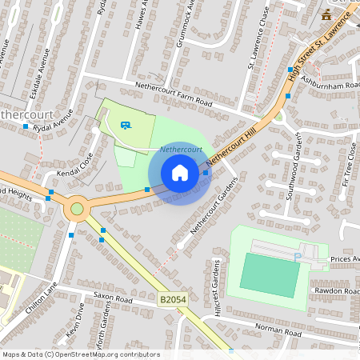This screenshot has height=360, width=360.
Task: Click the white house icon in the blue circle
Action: (x=180, y=173)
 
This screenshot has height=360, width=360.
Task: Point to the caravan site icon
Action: (x=126, y=124)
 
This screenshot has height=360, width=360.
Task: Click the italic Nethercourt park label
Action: (x=181, y=150)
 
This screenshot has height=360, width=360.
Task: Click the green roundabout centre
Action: (x=77, y=210)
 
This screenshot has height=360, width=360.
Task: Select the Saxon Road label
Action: (x=112, y=298)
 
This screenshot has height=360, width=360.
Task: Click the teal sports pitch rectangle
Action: (x=270, y=274)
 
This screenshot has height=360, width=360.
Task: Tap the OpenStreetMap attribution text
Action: (x=80, y=354)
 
